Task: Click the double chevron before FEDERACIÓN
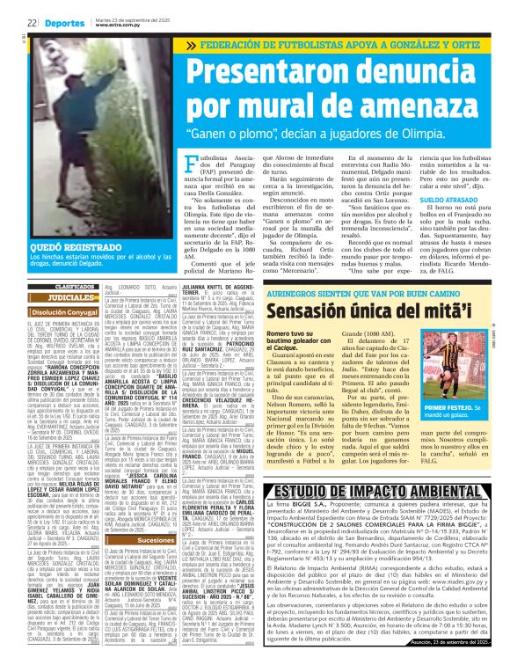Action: pos(193,44)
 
